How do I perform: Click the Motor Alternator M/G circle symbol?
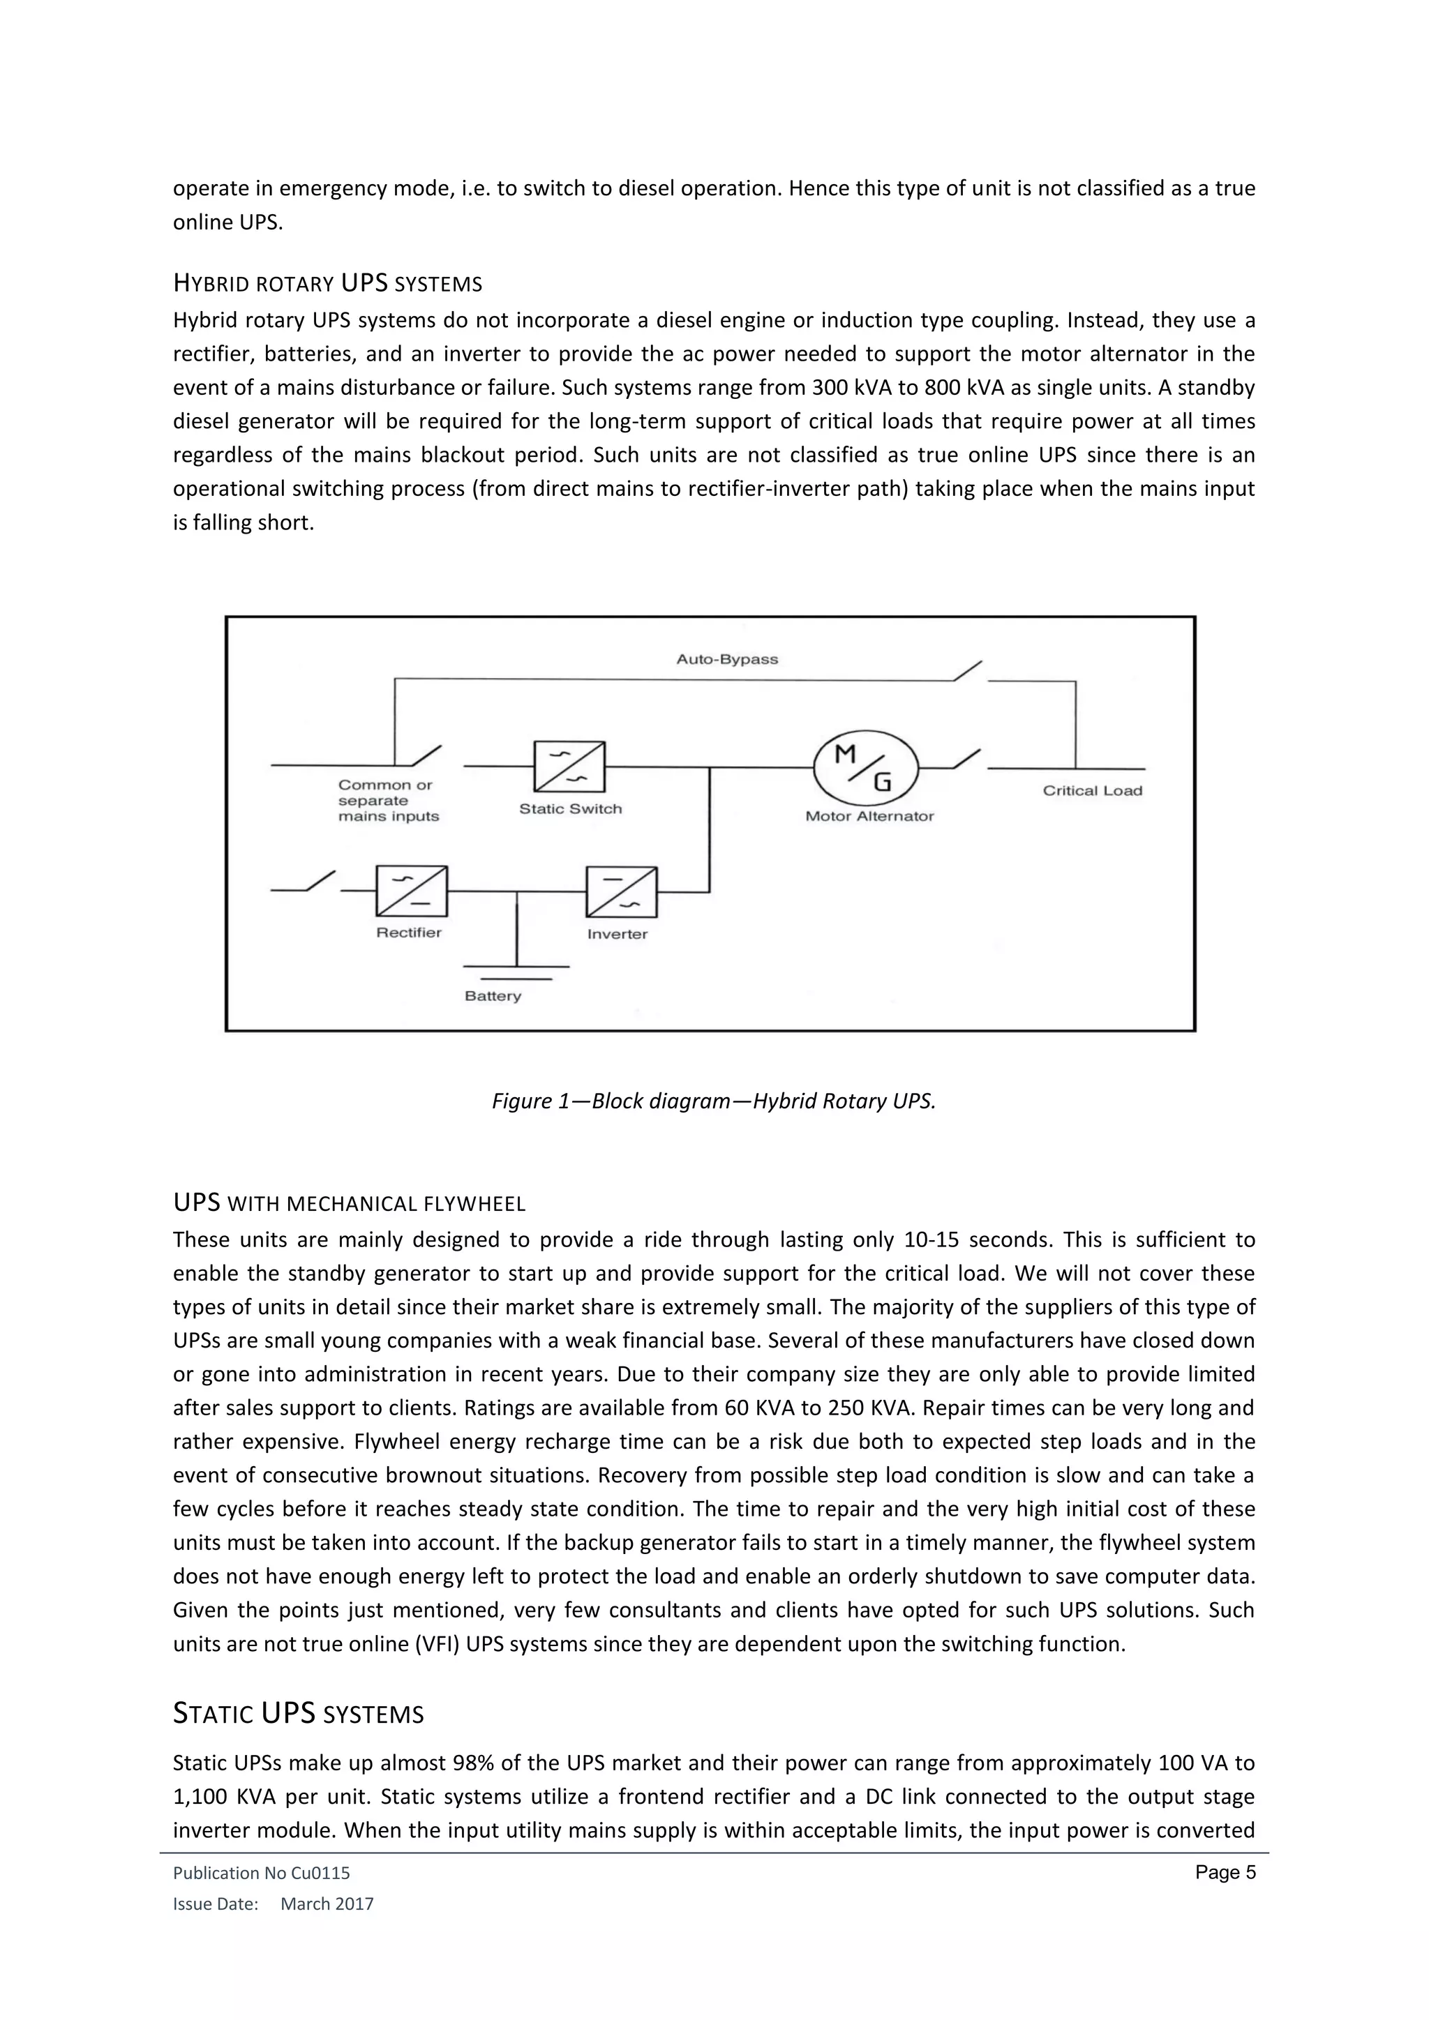click(866, 767)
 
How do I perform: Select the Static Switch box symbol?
click(569, 767)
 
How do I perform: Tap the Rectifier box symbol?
click(411, 891)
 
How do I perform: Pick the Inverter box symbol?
click(621, 892)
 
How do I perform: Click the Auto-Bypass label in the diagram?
click(727, 659)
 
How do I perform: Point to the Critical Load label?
click(1092, 790)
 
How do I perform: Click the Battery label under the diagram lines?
click(493, 996)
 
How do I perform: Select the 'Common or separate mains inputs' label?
click(388, 801)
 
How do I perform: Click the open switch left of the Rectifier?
click(320, 881)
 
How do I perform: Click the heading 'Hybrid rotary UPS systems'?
click(327, 284)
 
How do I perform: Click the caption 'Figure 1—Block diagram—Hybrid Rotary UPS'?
click(714, 1101)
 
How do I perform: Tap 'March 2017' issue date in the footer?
click(327, 1904)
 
